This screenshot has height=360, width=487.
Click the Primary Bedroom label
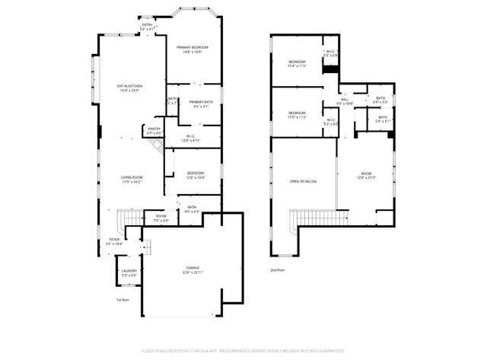pos(193,48)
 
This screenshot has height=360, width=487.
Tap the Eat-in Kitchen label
pos(129,86)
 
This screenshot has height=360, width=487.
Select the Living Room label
pos(132,177)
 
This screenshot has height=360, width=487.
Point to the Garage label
pos(193,269)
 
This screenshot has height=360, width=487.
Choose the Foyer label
pos(113,241)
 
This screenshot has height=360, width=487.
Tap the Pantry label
pos(153,129)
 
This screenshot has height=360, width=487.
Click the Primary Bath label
pos(201,102)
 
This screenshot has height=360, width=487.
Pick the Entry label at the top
pos(147,25)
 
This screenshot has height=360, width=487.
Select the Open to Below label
pos(302,181)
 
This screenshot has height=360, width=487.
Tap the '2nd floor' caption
pos(277,270)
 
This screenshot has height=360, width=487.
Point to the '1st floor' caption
pos(124,301)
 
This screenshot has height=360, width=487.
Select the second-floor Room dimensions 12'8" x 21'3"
pos(365,180)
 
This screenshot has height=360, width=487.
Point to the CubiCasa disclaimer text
pos(243,351)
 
